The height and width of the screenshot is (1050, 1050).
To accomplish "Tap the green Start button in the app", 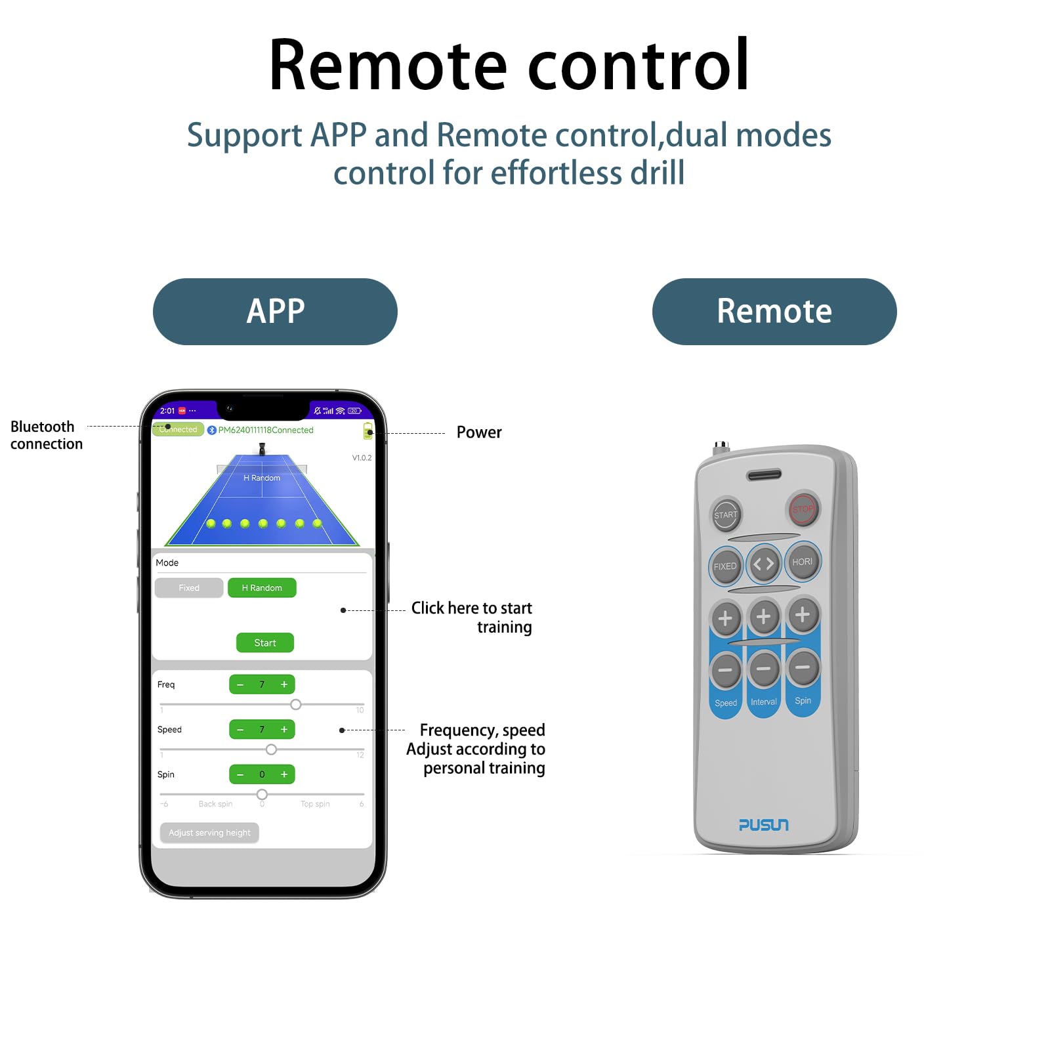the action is (264, 642).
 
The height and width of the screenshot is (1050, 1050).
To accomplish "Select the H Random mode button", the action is (262, 588).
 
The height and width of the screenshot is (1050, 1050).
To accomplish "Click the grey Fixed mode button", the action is (189, 588).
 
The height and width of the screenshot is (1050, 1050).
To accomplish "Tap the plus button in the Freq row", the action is (284, 684).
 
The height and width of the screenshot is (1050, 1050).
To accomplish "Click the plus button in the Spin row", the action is (284, 774).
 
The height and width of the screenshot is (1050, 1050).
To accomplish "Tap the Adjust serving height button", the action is (209, 833).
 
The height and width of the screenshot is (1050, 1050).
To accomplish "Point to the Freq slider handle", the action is (296, 704).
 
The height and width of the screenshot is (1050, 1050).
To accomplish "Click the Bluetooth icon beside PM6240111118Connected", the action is (212, 430).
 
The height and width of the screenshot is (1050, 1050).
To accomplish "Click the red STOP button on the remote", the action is (803, 509).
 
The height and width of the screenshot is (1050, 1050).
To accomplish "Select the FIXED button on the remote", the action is (725, 566).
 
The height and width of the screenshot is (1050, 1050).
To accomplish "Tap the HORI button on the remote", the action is (803, 562).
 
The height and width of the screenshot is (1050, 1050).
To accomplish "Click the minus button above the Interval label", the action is (764, 669).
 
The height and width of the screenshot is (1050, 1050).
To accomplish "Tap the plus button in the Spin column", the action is (803, 615).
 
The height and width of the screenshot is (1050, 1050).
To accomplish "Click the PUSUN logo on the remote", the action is (764, 825).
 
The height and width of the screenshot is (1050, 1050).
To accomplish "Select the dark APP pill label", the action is (275, 312).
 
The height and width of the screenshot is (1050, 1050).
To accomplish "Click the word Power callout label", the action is (479, 432).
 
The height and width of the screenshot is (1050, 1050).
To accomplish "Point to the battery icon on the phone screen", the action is (368, 430).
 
